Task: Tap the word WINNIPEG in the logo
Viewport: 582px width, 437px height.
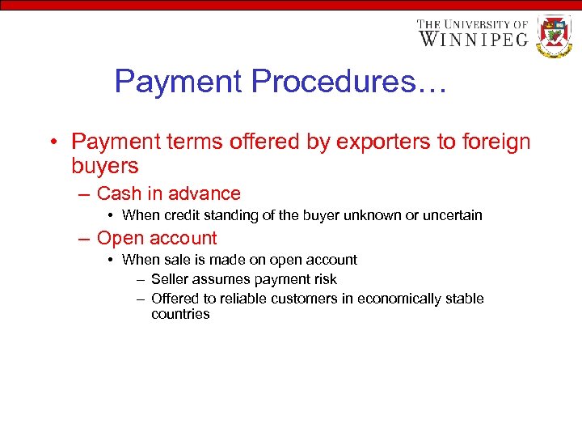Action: (x=473, y=39)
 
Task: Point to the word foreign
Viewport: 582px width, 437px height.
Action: (x=496, y=142)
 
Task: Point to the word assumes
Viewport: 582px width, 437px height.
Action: (x=222, y=279)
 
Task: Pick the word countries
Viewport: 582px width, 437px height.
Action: (x=180, y=314)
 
